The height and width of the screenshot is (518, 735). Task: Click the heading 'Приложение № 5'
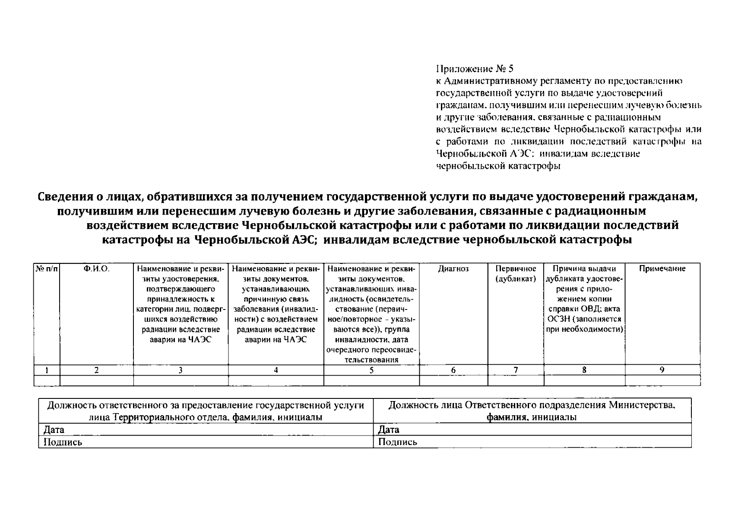tap(475, 69)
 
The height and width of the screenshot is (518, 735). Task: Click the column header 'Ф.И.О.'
tap(97, 269)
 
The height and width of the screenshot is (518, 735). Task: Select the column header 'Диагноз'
tap(453, 269)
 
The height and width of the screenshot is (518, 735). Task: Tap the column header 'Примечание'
tap(662, 269)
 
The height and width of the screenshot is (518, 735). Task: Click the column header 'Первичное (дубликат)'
tap(516, 274)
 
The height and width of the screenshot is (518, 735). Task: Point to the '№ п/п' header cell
tap(47, 269)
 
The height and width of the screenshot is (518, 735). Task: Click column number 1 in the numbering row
tap(47, 370)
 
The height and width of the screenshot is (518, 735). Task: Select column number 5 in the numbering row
tap(371, 370)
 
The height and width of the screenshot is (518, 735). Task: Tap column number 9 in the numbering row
tap(662, 370)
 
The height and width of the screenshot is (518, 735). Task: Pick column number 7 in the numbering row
tap(516, 370)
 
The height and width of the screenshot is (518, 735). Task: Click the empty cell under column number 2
tap(97, 380)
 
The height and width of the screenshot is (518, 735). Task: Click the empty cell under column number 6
tap(453, 380)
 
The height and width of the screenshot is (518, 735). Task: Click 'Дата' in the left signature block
tap(54, 430)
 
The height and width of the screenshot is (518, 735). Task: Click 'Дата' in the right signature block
tap(389, 430)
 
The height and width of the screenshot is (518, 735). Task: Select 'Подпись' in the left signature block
tap(63, 442)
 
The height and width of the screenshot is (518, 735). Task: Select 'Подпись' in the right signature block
tap(398, 442)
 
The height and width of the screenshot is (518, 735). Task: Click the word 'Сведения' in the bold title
tap(63, 197)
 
